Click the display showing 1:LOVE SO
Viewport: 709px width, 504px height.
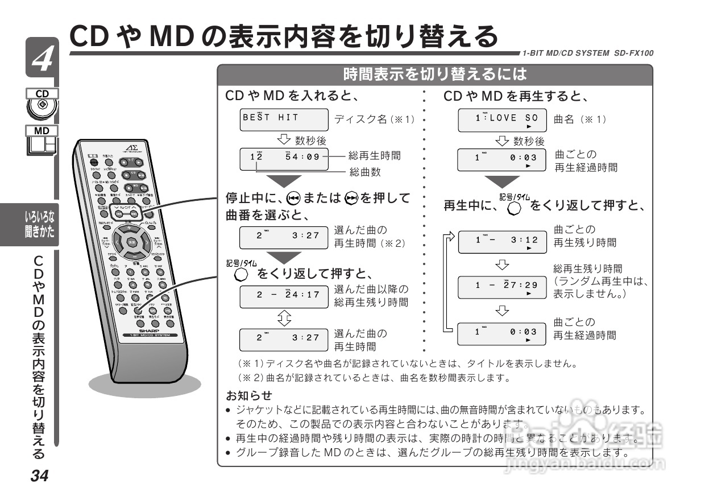coord(502,121)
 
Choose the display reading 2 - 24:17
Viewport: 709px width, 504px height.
coord(284,295)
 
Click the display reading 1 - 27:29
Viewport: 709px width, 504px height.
coord(502,286)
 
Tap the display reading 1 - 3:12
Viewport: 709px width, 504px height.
coord(502,242)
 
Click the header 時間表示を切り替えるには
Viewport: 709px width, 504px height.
coord(435,74)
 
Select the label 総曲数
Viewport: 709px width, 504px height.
coord(364,171)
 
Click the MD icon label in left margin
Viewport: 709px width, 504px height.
coord(42,131)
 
